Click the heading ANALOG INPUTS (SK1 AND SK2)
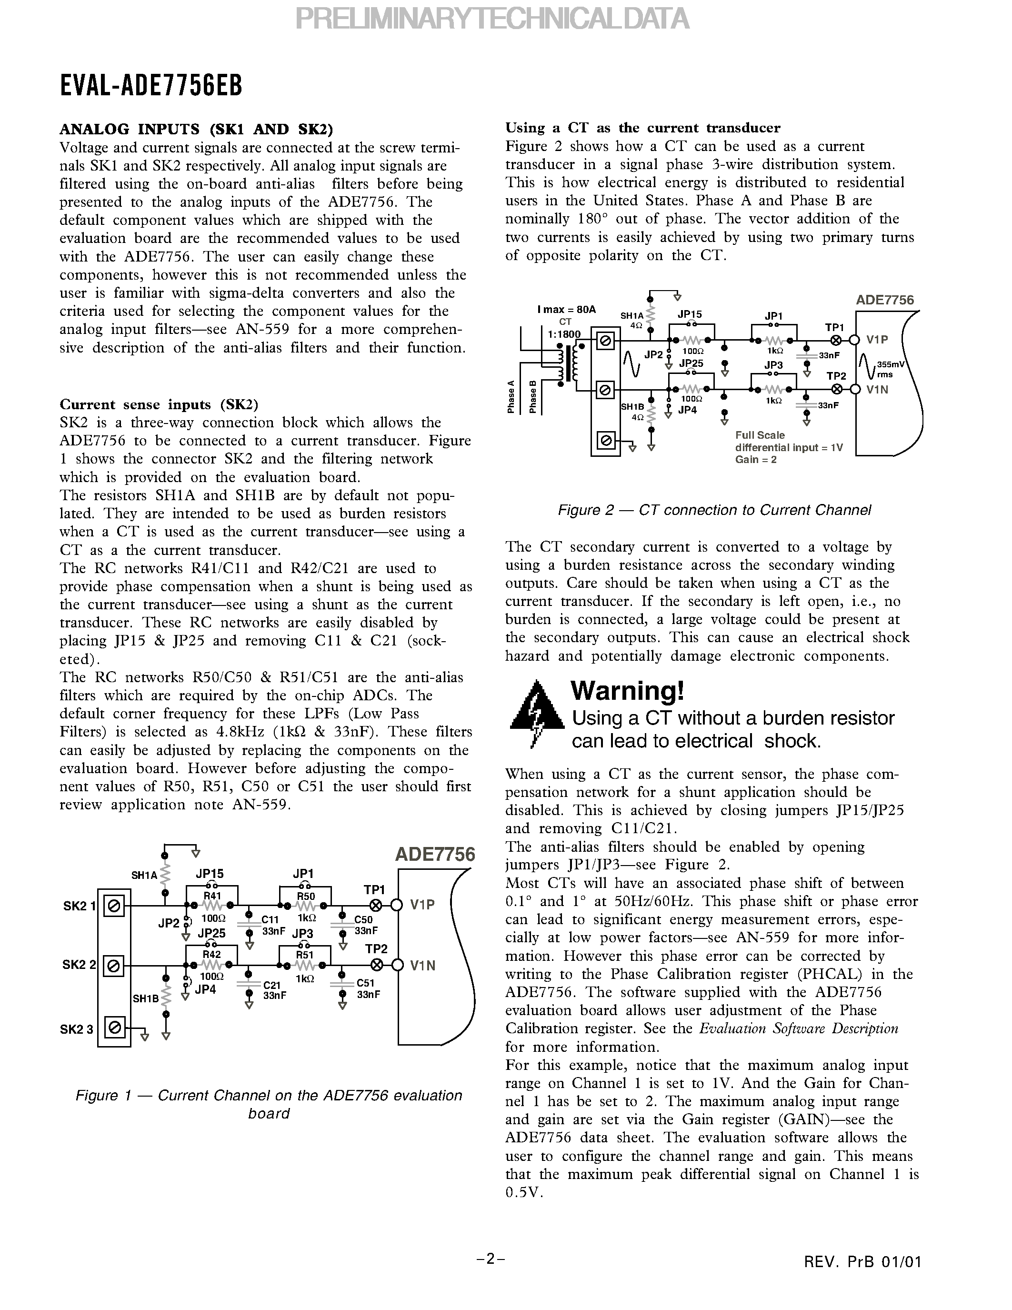pos(196,129)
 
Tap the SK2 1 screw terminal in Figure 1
pos(114,906)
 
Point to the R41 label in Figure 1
pos(212,896)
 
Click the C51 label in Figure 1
pos(365,983)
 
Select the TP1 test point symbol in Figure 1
pos(376,905)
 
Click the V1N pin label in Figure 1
pos(423,966)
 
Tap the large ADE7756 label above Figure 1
pos(435,854)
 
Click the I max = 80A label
pos(567,310)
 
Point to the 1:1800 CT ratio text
pos(564,334)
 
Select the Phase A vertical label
pos(511,396)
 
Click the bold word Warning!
pos(627,691)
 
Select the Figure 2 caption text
pos(714,511)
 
